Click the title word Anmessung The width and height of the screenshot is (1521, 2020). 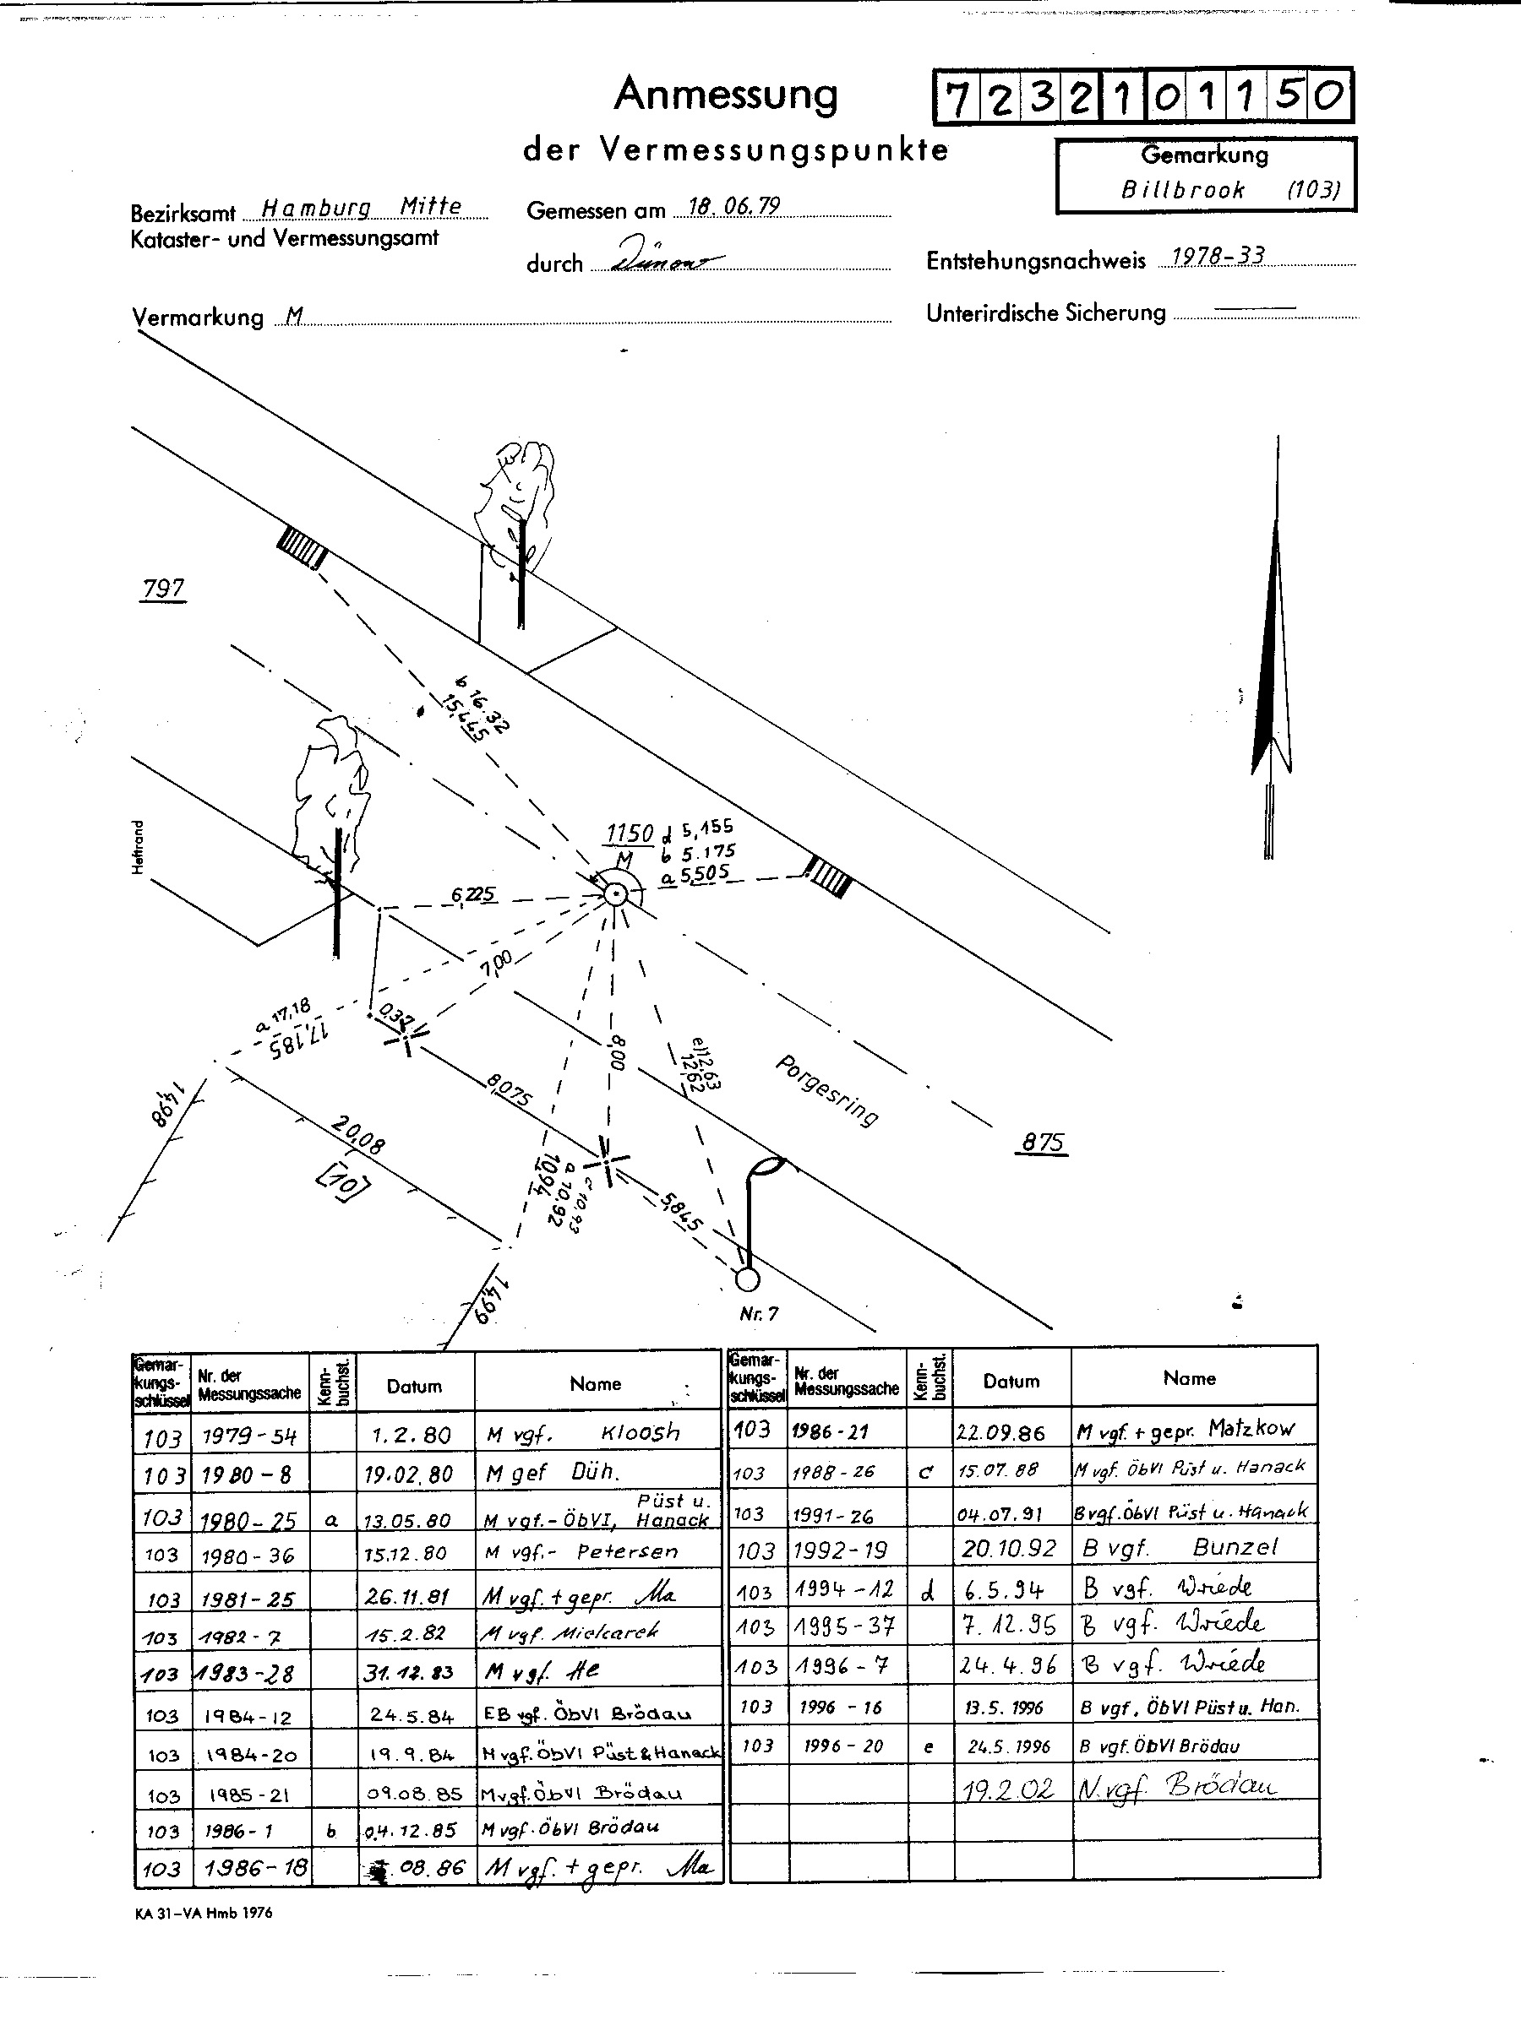coord(725,95)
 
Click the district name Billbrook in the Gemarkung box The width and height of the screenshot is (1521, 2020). coord(1183,190)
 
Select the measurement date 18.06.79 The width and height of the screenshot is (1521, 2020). coord(733,206)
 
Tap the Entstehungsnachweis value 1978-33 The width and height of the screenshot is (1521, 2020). coord(1218,256)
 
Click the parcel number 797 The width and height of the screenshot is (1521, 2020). coord(164,589)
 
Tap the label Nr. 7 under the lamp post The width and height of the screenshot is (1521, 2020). coord(759,1314)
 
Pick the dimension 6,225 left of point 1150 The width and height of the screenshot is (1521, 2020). coord(473,895)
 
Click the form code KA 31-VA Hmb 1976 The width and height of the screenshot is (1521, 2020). coord(203,1912)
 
